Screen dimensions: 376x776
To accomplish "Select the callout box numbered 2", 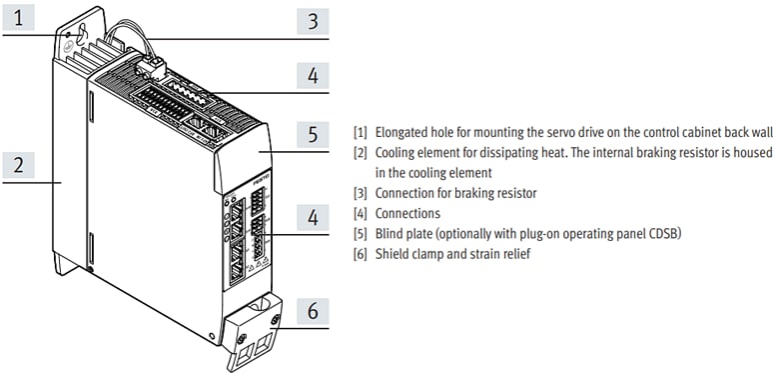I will (x=21, y=164).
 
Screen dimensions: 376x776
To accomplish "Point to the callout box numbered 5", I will (x=312, y=133).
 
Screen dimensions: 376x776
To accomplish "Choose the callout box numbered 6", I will (x=312, y=312).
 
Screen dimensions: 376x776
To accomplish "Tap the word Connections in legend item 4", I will (x=407, y=213).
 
